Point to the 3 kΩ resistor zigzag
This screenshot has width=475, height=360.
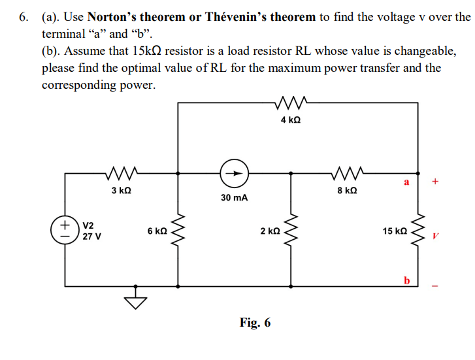pyautogui.click(x=120, y=173)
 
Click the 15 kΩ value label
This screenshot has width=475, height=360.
pyautogui.click(x=395, y=231)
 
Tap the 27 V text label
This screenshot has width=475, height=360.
pyautogui.click(x=91, y=237)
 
